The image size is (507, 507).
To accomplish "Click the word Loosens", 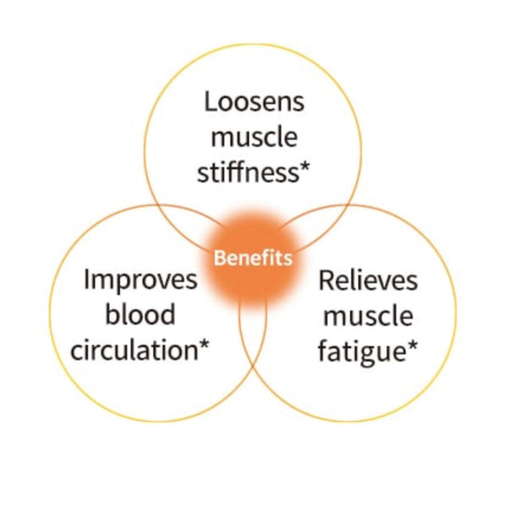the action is (x=254, y=101).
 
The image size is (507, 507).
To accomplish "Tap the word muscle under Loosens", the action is (x=254, y=137).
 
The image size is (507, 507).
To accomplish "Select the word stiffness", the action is (x=248, y=172).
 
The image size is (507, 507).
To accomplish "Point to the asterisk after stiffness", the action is (x=304, y=167).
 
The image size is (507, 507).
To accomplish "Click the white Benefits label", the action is (x=253, y=258).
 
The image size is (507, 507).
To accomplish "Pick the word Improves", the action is (x=140, y=280).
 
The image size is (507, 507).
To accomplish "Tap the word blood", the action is (x=140, y=313).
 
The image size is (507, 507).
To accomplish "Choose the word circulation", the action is (x=134, y=350).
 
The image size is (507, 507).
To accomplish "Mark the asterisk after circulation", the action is (x=204, y=346).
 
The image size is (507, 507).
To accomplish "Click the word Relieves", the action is (x=368, y=280).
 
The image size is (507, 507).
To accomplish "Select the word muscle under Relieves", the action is (x=368, y=315).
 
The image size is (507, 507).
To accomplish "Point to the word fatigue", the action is (x=363, y=352).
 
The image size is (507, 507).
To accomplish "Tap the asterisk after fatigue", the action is (x=412, y=346).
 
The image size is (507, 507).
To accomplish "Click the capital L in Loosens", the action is (x=210, y=101).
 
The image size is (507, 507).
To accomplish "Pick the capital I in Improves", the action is (x=86, y=280).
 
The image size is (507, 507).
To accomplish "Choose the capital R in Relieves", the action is (x=326, y=280).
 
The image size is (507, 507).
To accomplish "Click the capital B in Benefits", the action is (x=219, y=258).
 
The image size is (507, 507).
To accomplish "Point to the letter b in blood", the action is (x=112, y=313).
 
